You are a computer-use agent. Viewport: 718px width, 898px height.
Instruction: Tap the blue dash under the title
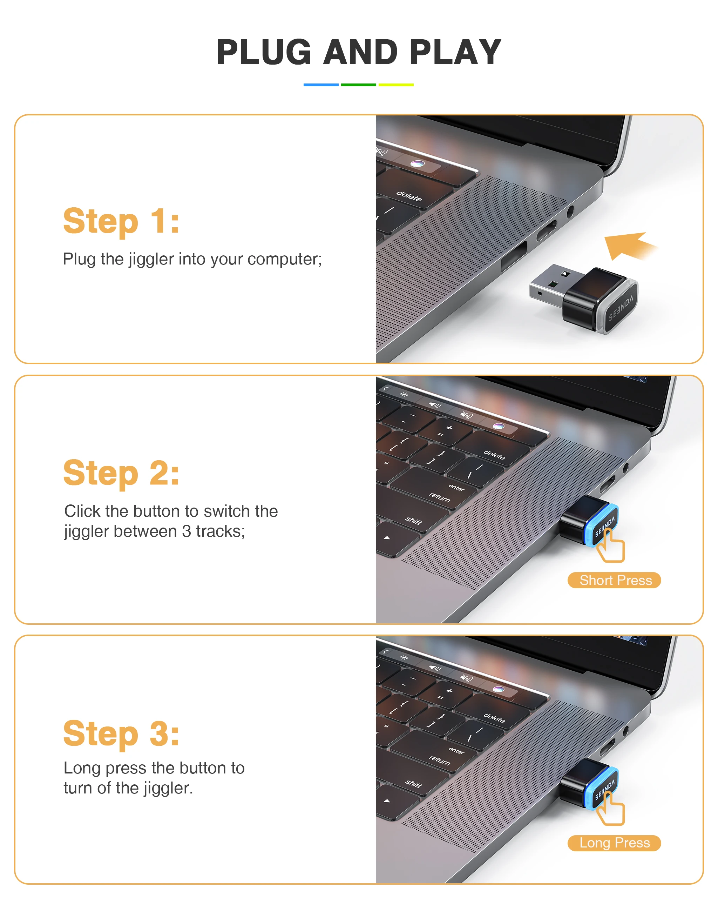[321, 85]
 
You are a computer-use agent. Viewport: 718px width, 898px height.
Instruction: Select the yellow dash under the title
[396, 85]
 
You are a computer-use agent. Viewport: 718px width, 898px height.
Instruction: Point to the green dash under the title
[358, 85]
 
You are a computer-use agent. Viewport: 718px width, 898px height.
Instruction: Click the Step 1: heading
[121, 221]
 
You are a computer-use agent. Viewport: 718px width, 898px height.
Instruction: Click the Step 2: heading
[121, 473]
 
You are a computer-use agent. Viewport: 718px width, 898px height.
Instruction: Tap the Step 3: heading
[121, 733]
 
